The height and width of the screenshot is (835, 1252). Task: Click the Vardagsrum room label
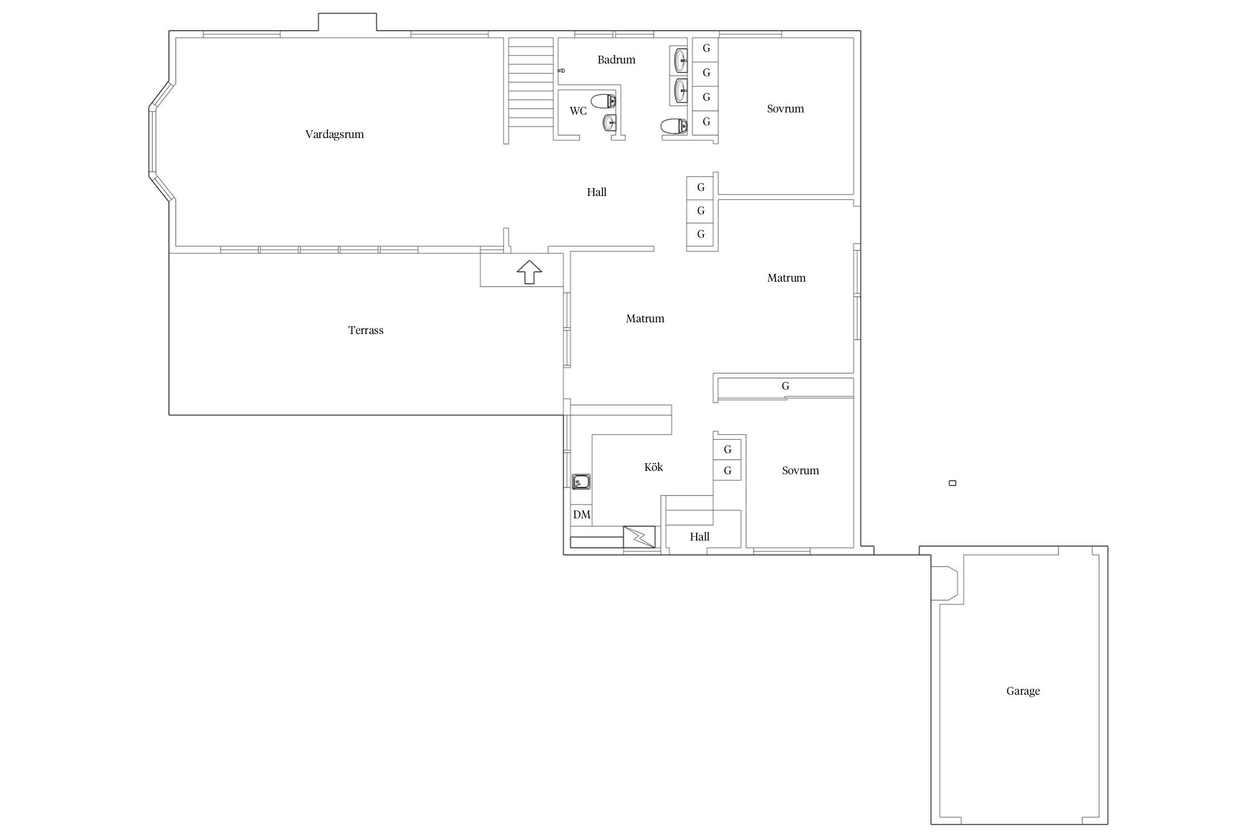point(334,134)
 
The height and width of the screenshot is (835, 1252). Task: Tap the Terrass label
point(366,330)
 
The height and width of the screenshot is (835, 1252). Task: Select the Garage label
point(1023,691)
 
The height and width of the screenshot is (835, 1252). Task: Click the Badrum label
point(616,60)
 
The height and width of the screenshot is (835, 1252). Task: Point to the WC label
point(578,111)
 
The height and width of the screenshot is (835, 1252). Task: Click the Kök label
point(653,467)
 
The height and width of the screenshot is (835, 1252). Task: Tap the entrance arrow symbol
point(529,272)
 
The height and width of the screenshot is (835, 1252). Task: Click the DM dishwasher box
point(581,514)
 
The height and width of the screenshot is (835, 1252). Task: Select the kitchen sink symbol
point(581,482)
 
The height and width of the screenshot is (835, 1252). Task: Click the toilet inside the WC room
point(603,101)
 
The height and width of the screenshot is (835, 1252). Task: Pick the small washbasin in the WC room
point(610,123)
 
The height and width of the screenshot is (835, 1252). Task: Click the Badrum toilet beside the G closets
point(674,127)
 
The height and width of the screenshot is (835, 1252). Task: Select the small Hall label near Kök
point(699,537)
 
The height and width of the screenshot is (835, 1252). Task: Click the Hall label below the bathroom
point(597,192)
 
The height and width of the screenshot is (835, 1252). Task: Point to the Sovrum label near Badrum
point(785,109)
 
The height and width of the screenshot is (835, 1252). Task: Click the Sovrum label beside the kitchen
point(800,470)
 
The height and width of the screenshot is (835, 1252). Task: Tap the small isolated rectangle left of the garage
point(952,483)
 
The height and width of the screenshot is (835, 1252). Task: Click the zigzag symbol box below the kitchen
point(639,537)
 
